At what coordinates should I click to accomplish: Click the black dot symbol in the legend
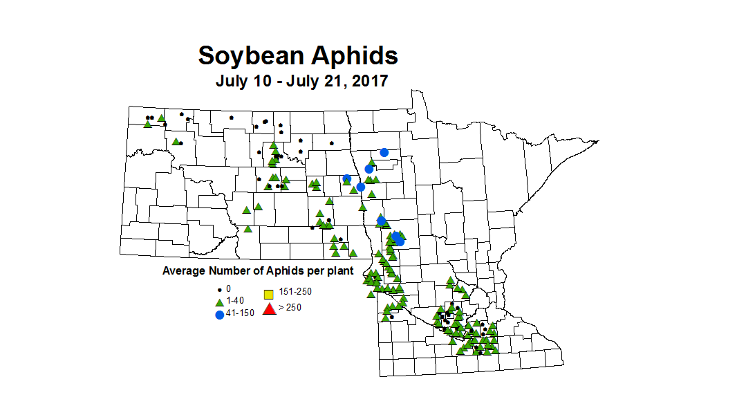pyautogui.click(x=219, y=289)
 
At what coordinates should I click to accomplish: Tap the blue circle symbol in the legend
pyautogui.click(x=219, y=315)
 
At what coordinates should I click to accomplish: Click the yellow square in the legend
pyautogui.click(x=270, y=293)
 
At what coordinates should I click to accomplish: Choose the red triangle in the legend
pyautogui.click(x=270, y=308)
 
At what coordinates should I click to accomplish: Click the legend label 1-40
pyautogui.click(x=235, y=301)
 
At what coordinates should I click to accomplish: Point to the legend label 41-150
pyautogui.click(x=240, y=313)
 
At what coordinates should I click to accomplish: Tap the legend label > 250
pyautogui.click(x=290, y=308)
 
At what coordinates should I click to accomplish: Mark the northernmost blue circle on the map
pyautogui.click(x=384, y=152)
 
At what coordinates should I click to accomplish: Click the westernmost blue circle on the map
pyautogui.click(x=347, y=178)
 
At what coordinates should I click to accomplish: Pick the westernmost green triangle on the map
pyautogui.click(x=148, y=124)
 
